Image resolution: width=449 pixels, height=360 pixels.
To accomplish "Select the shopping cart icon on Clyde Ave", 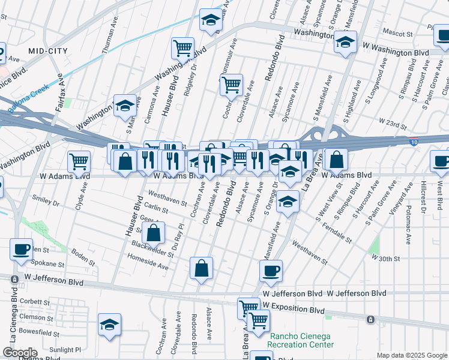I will pyautogui.click(x=79, y=161).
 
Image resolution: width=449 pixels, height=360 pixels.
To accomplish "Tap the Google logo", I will pyautogui.click(x=20, y=353).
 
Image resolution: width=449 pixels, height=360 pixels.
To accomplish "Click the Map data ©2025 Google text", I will pyautogui.click(x=411, y=355).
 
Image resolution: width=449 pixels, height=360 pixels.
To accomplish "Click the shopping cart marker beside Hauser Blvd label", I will pyautogui.click(x=182, y=47).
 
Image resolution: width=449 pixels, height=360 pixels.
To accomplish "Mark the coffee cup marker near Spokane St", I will pyautogui.click(x=22, y=249).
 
